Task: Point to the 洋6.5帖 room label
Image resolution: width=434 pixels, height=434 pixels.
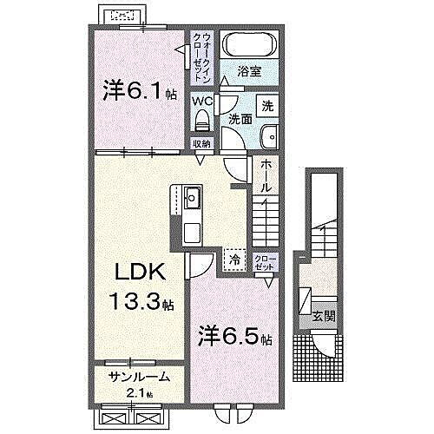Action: (x=233, y=332)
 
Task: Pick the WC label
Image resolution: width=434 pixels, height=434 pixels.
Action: (x=201, y=102)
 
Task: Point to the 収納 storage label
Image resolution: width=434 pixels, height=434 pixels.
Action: (x=201, y=145)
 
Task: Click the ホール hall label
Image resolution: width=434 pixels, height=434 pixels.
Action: (x=266, y=174)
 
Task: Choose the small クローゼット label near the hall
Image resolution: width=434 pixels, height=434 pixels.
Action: (x=263, y=263)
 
